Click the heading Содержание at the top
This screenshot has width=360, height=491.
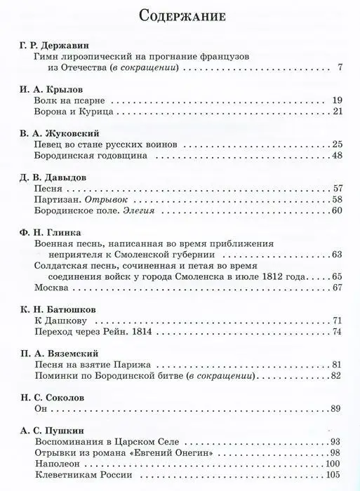pos(180,15)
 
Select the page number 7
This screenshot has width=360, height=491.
pos(340,68)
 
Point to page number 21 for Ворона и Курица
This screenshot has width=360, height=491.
pos(336,112)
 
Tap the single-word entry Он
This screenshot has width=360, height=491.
pos(40,409)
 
